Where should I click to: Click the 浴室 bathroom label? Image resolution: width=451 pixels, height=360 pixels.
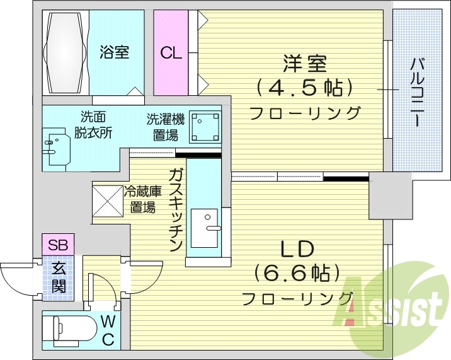click(x=114, y=52)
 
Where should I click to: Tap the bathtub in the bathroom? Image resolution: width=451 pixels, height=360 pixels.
click(x=66, y=51)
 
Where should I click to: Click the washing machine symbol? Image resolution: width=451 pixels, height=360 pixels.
click(x=205, y=127)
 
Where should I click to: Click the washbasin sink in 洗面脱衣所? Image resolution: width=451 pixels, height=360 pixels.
click(x=55, y=145)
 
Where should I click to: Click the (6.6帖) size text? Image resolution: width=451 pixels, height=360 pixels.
click(x=297, y=274)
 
